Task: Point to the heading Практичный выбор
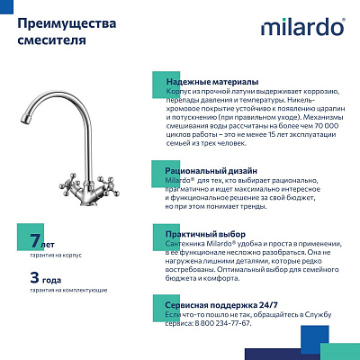206,235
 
